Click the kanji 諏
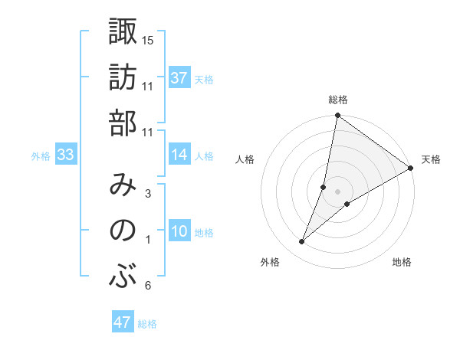click(123, 33)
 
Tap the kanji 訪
click(123, 78)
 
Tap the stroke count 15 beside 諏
click(148, 40)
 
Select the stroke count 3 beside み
click(148, 195)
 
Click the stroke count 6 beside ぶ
click(148, 286)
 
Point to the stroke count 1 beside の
click(148, 241)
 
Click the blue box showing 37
click(179, 78)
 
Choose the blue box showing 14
click(179, 155)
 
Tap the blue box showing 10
click(179, 232)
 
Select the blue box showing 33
click(65, 155)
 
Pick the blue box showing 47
click(123, 322)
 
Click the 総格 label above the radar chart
click(338, 100)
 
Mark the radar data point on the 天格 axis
click(411, 169)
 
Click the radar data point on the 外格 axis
click(302, 242)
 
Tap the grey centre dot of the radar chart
click(338, 191)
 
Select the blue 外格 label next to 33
click(41, 156)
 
